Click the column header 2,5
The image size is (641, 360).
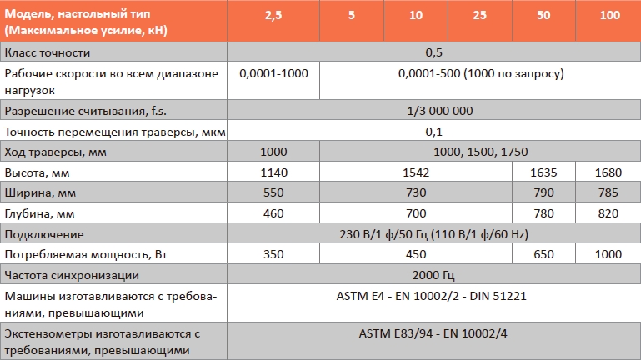click(273, 15)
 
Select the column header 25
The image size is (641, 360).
click(479, 15)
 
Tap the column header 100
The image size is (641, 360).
click(608, 15)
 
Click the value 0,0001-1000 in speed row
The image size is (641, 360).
click(273, 73)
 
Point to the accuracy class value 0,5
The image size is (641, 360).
click(433, 52)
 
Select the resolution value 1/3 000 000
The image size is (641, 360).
click(433, 111)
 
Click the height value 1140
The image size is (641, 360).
click(273, 172)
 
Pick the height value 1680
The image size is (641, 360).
click(608, 172)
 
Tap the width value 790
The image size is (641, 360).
click(544, 192)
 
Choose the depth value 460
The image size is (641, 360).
click(273, 213)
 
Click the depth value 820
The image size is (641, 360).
click(608, 213)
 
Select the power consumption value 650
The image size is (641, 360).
click(544, 254)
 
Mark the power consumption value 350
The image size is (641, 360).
click(273, 254)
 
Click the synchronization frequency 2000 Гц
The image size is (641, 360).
click(433, 275)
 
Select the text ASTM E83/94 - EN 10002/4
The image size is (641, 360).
click(433, 334)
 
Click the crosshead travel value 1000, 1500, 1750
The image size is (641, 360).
click(480, 152)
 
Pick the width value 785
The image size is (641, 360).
click(608, 192)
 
